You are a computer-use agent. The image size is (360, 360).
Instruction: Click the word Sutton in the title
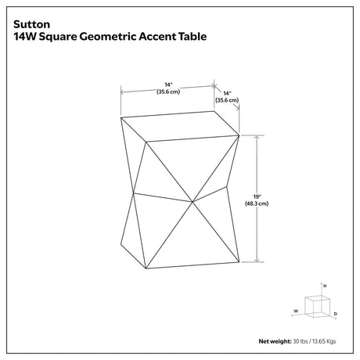(32, 24)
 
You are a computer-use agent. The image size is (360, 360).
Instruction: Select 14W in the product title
(25, 36)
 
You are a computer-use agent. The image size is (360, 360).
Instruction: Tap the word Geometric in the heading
(108, 36)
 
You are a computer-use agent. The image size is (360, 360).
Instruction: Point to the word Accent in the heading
(157, 36)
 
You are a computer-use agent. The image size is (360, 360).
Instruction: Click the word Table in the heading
(193, 36)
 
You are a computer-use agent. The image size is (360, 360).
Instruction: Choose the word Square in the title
(58, 37)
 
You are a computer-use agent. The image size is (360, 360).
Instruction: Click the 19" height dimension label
(257, 196)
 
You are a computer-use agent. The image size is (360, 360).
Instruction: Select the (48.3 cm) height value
(257, 203)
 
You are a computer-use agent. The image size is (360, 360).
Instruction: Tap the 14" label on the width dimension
(168, 85)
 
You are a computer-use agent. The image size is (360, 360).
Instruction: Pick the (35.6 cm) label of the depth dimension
(227, 100)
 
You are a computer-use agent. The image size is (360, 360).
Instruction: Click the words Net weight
(275, 341)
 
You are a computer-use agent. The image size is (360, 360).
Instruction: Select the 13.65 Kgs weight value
(324, 341)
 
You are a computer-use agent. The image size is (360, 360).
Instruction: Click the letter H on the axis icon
(325, 286)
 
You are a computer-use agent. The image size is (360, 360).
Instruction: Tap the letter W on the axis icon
(296, 311)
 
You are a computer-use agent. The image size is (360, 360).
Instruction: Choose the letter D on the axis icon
(336, 314)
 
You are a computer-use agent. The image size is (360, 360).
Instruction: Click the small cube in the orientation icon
(317, 307)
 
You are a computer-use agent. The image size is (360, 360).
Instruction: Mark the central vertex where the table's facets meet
(193, 202)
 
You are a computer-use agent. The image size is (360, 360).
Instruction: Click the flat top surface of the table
(180, 127)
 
